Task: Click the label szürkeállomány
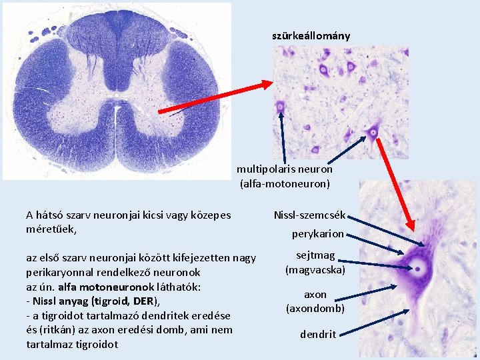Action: [311, 35]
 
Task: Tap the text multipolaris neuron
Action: [285, 169]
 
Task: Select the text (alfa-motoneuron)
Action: [285, 183]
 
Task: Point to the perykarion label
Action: [318, 234]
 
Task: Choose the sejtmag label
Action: [315, 256]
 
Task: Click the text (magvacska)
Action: [315, 269]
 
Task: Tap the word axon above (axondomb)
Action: [315, 294]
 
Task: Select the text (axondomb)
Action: [315, 308]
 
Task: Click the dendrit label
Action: [318, 334]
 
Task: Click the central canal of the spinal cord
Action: [116, 95]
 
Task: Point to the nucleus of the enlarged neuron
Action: [419, 269]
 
